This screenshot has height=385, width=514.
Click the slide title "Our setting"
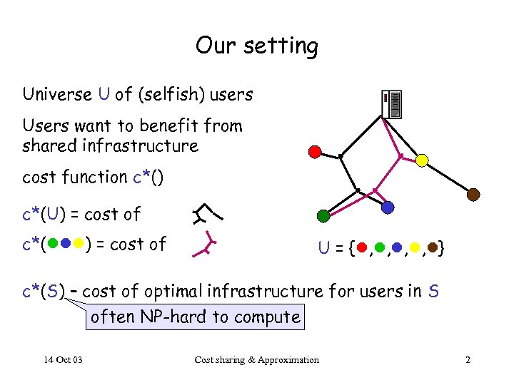point(256,46)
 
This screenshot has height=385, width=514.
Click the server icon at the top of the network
point(390,104)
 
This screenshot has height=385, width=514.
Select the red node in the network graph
point(315,151)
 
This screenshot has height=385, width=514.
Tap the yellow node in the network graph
point(422,160)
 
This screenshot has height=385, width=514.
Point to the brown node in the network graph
point(473,194)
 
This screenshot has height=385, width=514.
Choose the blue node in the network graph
point(388,207)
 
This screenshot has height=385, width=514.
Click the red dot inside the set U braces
point(362,248)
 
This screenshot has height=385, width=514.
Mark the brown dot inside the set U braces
point(432,248)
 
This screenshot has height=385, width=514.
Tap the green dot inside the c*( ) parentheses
point(54,244)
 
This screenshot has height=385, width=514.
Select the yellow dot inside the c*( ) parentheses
point(78,244)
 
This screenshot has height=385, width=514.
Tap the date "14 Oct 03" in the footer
point(62,359)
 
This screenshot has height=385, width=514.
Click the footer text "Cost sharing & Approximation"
point(256,359)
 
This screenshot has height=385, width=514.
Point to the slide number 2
point(468,359)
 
